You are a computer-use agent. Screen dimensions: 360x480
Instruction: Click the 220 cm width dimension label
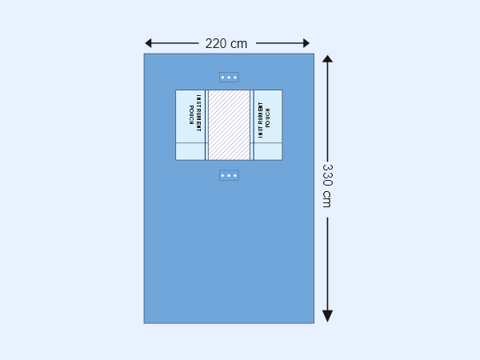point(226,43)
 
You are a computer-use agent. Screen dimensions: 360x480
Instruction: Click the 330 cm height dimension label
point(327,186)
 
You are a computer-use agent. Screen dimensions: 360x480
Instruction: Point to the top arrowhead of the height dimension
point(327,60)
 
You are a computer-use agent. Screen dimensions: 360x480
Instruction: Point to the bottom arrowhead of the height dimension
point(327,316)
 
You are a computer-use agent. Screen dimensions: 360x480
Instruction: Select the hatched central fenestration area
point(229,125)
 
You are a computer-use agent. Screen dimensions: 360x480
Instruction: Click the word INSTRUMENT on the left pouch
point(198,116)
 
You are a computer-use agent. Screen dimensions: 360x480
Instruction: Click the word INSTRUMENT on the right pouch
point(260,121)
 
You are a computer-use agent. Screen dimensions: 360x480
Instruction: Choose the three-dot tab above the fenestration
point(229,78)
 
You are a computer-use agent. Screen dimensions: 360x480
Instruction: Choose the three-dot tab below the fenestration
point(229,175)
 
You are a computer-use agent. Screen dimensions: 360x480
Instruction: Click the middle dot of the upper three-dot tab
point(229,78)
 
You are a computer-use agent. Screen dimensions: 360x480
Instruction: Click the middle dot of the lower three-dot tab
point(229,175)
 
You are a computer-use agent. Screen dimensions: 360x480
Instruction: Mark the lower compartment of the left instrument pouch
point(190,151)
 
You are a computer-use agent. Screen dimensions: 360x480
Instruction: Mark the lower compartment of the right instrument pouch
point(268,151)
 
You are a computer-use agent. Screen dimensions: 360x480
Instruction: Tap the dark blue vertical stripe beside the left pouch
point(206,125)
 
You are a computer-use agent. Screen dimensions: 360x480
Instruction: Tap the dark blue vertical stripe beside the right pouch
point(252,125)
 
